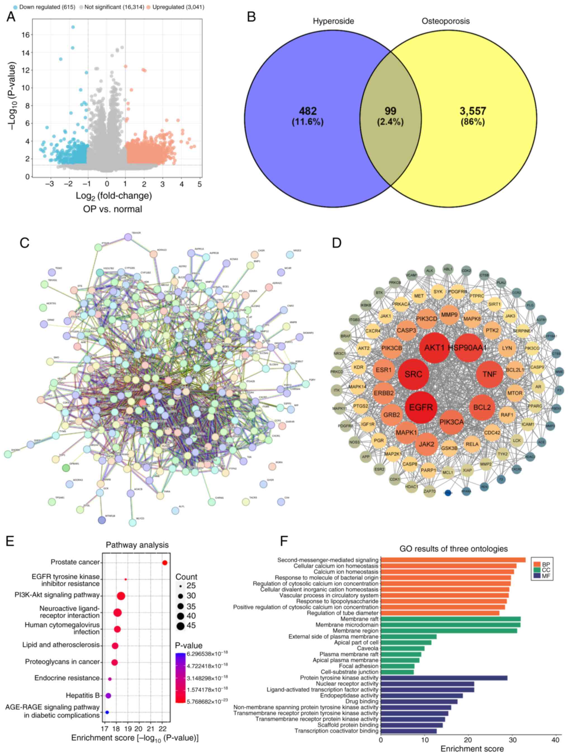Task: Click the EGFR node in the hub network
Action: point(421,407)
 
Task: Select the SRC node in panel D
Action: point(413,374)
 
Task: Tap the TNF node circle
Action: point(489,374)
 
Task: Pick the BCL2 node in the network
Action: point(482,407)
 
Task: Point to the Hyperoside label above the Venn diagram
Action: point(333,21)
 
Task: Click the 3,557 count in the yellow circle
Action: point(472,111)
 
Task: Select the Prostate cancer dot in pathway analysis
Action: point(165,563)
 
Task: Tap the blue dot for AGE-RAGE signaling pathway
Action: point(107,712)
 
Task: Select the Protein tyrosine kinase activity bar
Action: point(444,678)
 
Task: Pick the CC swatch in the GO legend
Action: point(537,570)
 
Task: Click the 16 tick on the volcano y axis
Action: point(25,35)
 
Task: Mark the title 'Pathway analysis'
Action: point(137,545)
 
